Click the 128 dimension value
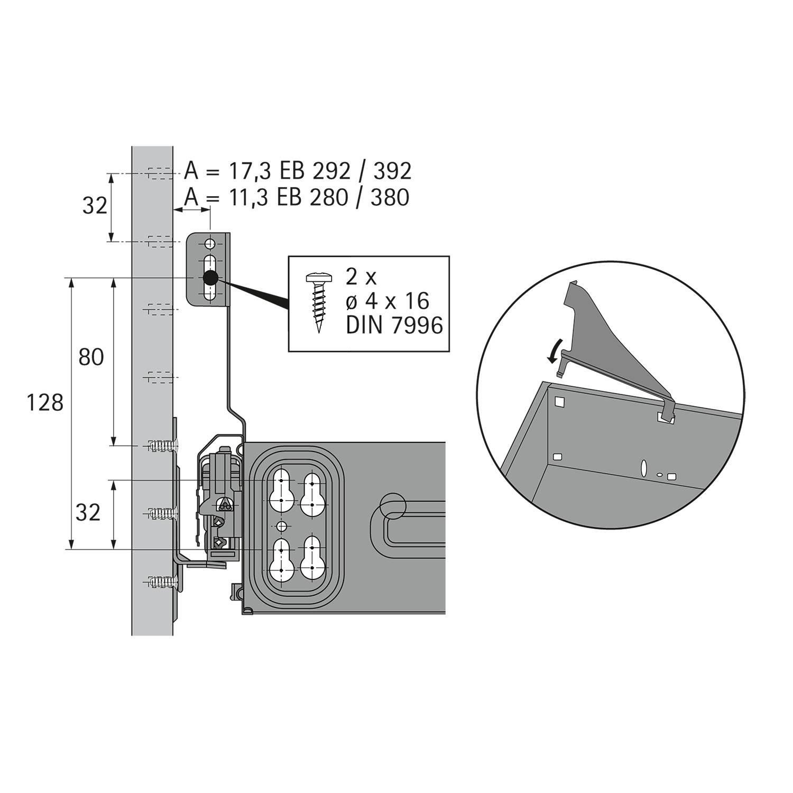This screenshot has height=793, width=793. click(x=45, y=403)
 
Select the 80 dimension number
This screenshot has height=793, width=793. click(x=91, y=358)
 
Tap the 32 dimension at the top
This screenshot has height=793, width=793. click(x=95, y=206)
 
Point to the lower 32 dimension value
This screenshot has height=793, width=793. click(x=88, y=512)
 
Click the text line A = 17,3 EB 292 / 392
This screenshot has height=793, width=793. click(x=298, y=171)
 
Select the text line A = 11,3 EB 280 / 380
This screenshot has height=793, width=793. click(x=297, y=197)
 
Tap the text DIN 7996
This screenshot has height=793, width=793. click(x=394, y=325)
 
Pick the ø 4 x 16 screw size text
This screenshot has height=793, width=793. click(x=387, y=301)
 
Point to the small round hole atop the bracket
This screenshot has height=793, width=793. click(x=210, y=244)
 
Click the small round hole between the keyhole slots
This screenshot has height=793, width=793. click(x=282, y=526)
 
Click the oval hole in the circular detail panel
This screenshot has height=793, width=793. click(x=644, y=468)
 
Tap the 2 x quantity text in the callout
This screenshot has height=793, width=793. click(x=360, y=276)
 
